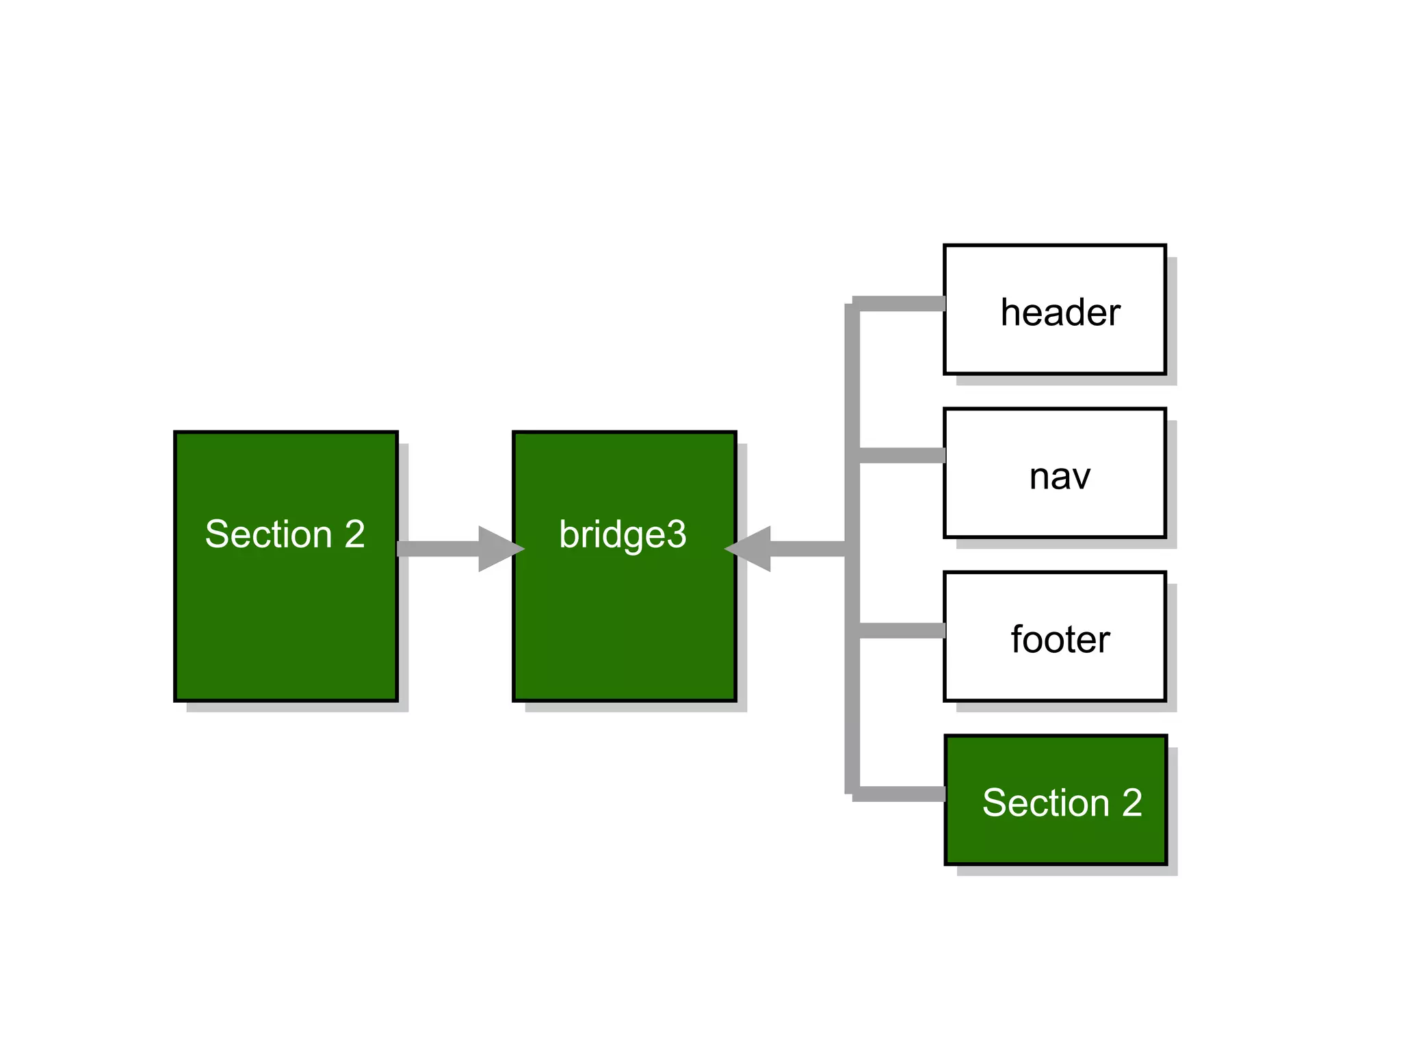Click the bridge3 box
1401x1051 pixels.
[x=624, y=616]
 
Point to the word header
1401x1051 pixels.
[x=1060, y=313]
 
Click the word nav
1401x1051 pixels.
[x=1059, y=477]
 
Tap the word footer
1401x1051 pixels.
[x=1060, y=640]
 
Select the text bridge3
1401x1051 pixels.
[x=623, y=534]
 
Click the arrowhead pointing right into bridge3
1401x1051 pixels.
[x=498, y=549]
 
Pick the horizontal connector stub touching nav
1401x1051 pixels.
[x=902, y=456]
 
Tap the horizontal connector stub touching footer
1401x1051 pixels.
[x=902, y=631]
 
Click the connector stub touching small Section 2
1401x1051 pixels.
[x=902, y=794]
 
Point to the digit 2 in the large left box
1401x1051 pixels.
[x=354, y=534]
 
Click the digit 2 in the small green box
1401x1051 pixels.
[x=1132, y=803]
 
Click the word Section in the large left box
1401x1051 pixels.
[x=268, y=534]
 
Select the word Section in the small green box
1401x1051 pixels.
[x=1045, y=803]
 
